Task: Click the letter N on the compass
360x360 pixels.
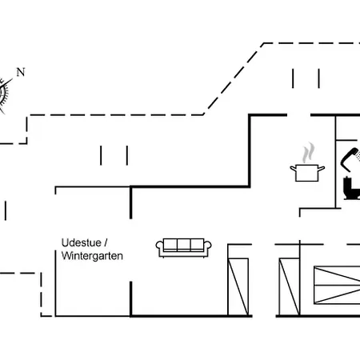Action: (x=21, y=72)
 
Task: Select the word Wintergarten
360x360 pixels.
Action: (x=92, y=256)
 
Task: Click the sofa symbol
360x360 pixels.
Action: (x=184, y=248)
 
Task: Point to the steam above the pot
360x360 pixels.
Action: (x=308, y=153)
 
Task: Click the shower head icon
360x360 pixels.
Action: (x=350, y=159)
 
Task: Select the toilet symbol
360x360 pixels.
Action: (x=351, y=188)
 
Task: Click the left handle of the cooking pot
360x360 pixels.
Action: (x=293, y=169)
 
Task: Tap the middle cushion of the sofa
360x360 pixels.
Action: (x=184, y=245)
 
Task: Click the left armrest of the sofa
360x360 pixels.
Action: (x=159, y=246)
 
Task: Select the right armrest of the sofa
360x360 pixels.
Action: (x=208, y=246)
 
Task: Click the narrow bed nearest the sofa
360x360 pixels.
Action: (x=238, y=287)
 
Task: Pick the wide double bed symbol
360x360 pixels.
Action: (x=337, y=285)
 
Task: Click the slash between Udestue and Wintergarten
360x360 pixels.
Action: (x=106, y=242)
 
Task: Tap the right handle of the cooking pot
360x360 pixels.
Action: (x=322, y=169)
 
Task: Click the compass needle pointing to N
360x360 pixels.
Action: (x=8, y=82)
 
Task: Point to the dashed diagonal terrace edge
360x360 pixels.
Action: (x=234, y=78)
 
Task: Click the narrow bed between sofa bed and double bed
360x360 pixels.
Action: (x=290, y=287)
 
